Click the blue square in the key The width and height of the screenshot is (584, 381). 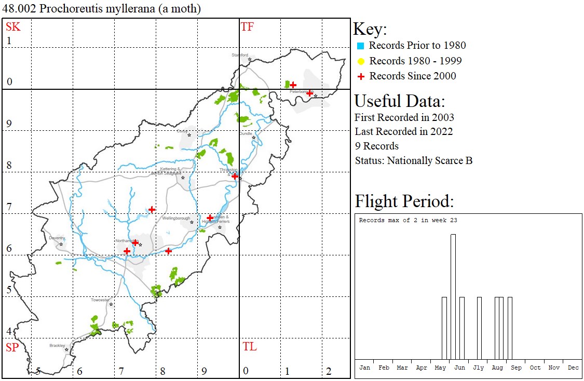360,46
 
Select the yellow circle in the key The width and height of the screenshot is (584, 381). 360,61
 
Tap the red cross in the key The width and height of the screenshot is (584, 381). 360,76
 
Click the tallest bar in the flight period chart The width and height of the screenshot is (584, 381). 453,296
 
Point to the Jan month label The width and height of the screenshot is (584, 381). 365,368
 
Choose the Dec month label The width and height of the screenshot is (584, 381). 573,368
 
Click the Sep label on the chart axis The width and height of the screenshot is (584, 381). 516,368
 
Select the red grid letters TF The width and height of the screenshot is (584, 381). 247,27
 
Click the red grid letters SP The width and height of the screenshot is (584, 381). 12,348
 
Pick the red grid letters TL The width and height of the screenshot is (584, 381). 249,347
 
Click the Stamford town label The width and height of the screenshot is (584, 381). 240,55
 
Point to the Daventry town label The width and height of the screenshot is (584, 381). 57,238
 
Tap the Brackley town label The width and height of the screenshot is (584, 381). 57,345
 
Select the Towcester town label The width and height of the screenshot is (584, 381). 100,300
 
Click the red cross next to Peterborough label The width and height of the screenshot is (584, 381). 309,93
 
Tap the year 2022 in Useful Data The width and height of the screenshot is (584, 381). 441,132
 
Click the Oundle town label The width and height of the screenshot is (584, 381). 246,133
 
